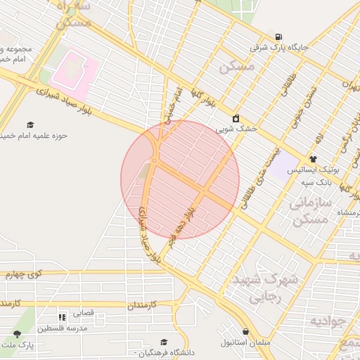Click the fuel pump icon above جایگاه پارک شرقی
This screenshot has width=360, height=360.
tap(280, 37)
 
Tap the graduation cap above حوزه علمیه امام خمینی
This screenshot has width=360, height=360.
tap(30, 124)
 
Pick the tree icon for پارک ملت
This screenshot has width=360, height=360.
tap(18, 333)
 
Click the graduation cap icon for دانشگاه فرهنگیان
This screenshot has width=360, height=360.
tap(164, 342)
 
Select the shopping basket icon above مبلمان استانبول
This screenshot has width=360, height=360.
tap(245, 332)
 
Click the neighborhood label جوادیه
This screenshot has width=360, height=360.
tap(328, 321)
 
